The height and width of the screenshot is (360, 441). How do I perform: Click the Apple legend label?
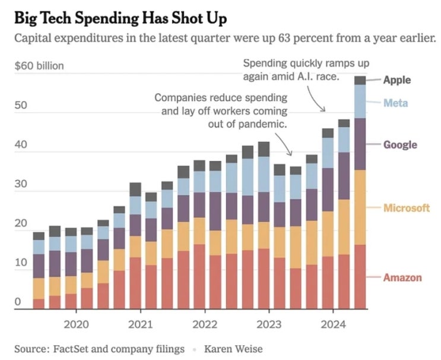(396, 80)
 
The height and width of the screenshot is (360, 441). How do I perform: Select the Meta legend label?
(395, 103)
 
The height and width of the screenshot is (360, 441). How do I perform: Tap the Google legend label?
(400, 145)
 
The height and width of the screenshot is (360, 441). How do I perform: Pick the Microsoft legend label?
(406, 208)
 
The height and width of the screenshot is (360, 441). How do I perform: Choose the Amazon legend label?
(402, 277)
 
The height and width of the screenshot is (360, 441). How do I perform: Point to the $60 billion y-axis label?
(39, 65)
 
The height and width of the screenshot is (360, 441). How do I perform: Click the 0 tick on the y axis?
(18, 302)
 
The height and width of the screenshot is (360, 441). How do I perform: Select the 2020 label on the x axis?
(76, 325)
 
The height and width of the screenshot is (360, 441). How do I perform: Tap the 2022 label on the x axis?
(205, 325)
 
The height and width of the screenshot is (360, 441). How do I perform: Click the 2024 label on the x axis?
(333, 325)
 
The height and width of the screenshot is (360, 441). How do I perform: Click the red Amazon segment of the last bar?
(360, 277)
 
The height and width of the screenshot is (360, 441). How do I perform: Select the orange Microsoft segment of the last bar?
(360, 207)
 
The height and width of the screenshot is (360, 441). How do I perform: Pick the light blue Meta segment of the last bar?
(360, 101)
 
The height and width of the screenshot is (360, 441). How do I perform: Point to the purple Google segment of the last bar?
(360, 144)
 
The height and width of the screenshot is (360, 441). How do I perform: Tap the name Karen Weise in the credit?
(233, 349)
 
